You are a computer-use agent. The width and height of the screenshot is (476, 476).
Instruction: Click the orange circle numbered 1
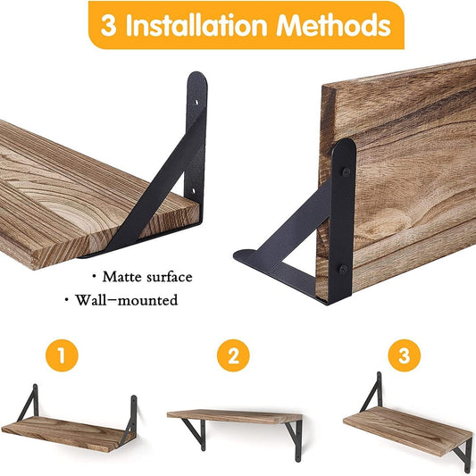click(62, 357)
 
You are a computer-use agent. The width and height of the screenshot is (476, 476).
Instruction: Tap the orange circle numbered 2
click(233, 357)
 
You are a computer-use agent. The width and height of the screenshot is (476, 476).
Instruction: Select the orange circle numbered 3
click(403, 357)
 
